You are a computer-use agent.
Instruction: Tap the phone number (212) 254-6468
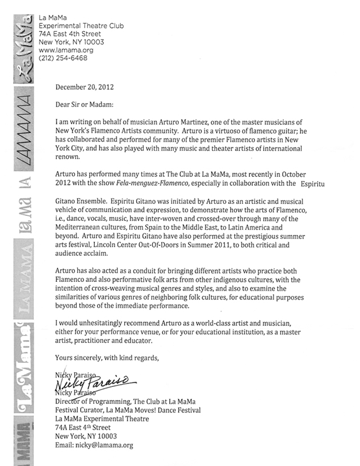[x=63, y=58]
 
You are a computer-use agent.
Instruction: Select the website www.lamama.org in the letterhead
[x=63, y=50]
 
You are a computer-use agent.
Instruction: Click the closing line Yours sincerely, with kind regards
[x=107, y=357]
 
